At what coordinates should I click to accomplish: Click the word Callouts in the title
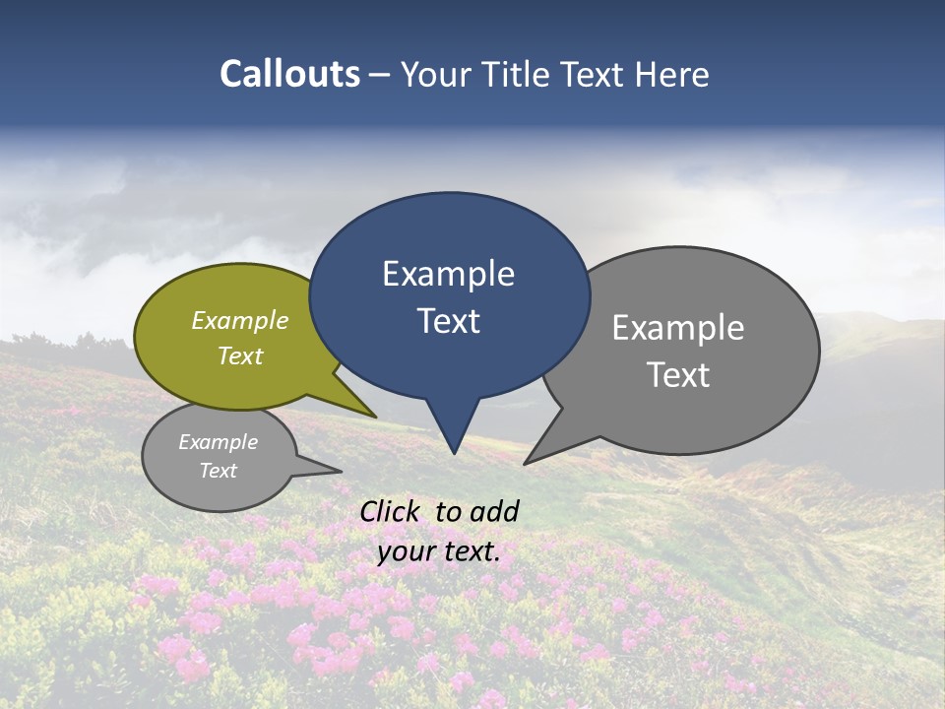(x=289, y=74)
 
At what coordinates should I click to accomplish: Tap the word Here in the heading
(x=671, y=74)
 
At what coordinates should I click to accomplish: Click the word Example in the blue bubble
(x=448, y=274)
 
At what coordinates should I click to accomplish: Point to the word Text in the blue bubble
(x=448, y=321)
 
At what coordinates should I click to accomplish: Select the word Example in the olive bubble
(x=240, y=321)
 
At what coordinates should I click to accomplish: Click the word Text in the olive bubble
(x=240, y=355)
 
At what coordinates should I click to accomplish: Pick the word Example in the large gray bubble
(x=678, y=328)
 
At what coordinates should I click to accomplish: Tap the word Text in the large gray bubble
(x=678, y=375)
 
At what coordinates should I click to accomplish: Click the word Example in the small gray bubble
(x=218, y=442)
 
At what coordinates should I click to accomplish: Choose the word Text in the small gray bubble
(x=218, y=471)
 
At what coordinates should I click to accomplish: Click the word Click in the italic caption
(x=390, y=511)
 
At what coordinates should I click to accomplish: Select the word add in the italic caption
(x=494, y=511)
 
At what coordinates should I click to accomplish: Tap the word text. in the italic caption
(x=471, y=551)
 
